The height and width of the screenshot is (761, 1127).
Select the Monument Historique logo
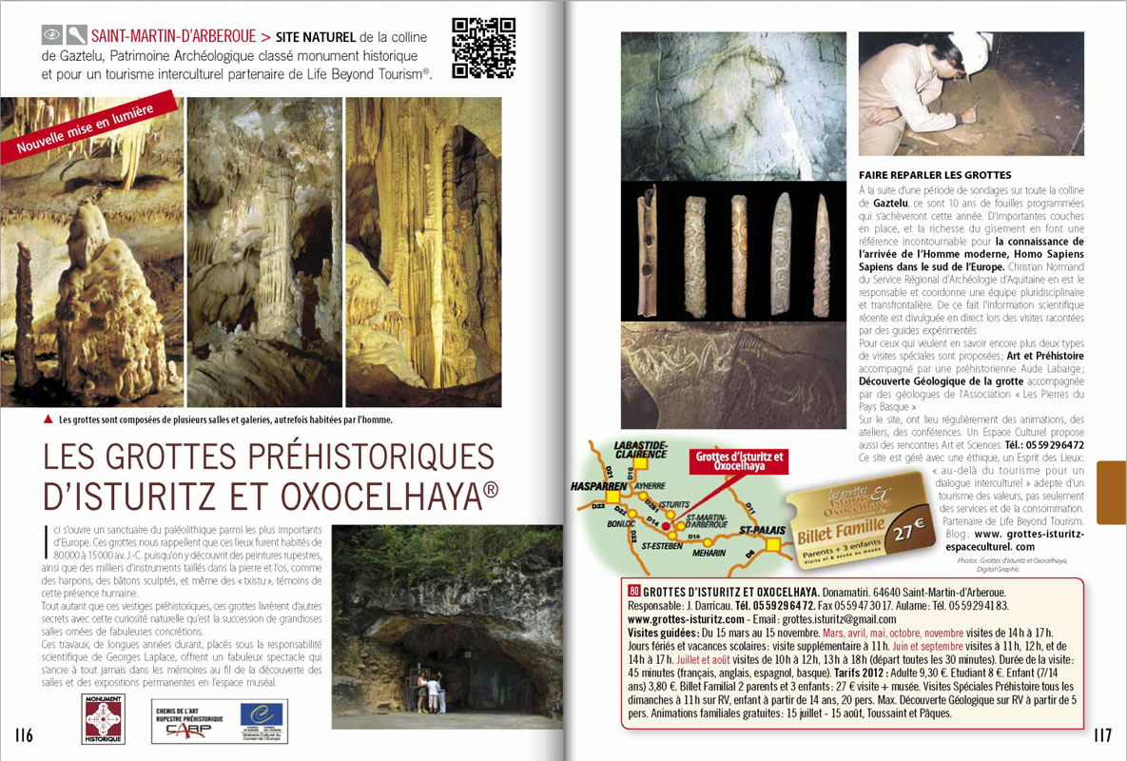(104, 718)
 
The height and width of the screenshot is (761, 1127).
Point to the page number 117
(1102, 734)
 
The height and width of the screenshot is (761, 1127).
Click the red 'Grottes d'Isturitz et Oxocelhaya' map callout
(739, 461)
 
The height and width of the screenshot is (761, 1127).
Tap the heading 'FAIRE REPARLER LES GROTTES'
(935, 175)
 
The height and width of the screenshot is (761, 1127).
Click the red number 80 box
(636, 590)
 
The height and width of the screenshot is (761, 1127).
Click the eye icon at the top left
(52, 36)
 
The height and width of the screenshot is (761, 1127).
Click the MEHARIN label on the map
(709, 553)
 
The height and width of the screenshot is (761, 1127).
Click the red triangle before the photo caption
(49, 420)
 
